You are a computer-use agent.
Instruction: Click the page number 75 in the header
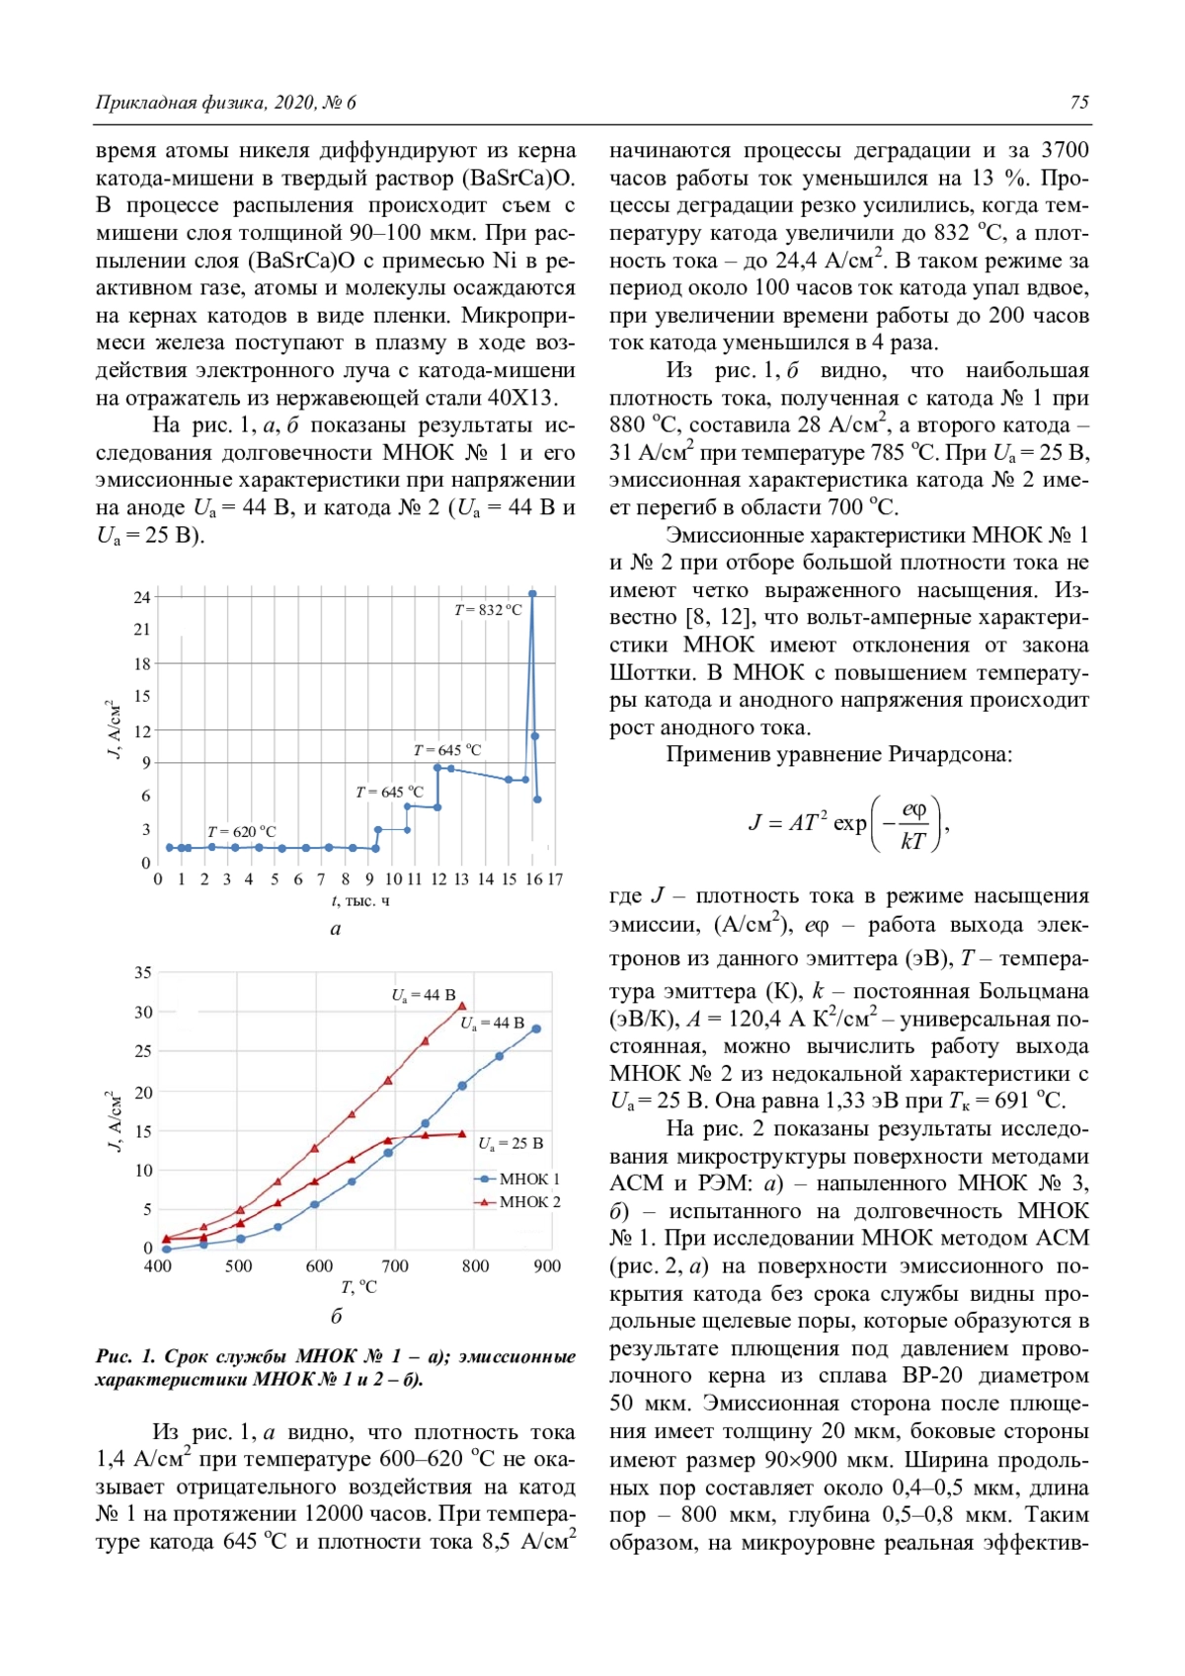tap(1078, 103)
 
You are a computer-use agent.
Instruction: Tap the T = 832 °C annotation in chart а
tap(488, 610)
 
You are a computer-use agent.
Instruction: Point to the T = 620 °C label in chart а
tap(241, 832)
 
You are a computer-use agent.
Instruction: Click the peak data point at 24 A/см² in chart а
tap(532, 594)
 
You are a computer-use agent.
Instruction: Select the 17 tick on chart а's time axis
tap(555, 879)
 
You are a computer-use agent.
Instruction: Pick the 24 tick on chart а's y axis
tap(142, 597)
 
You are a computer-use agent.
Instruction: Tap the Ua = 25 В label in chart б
tap(511, 1143)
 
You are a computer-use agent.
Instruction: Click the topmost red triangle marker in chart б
tap(461, 1007)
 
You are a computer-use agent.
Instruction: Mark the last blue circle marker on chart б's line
tap(536, 1028)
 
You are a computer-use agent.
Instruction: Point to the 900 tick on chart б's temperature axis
tap(546, 1266)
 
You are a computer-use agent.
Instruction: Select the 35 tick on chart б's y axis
tap(143, 973)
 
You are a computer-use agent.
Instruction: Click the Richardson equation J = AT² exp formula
tap(848, 822)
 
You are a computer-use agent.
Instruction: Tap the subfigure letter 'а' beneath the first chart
tap(336, 929)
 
